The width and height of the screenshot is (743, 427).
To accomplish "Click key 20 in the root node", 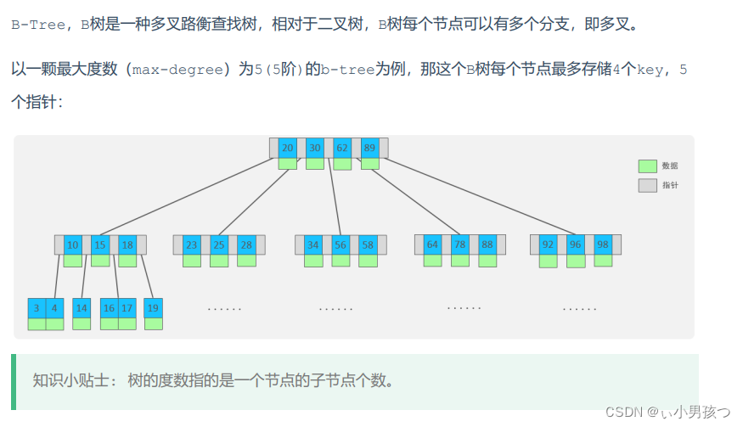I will (287, 147).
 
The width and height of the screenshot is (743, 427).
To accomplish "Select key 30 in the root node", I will (314, 147).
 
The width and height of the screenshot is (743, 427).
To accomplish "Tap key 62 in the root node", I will (342, 147).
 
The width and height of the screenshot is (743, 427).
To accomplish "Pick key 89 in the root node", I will (369, 147).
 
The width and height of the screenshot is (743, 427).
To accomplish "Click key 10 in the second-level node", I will (73, 244).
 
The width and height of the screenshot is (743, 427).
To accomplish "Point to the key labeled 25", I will (219, 244).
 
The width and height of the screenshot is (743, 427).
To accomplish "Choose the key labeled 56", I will (340, 244).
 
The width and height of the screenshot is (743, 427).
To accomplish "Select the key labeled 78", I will (460, 244).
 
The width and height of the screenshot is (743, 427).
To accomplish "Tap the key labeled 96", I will (576, 244).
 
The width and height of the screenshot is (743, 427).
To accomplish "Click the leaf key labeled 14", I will (82, 308).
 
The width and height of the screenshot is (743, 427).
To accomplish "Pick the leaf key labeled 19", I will (154, 308).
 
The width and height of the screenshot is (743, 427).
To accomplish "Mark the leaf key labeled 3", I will (37, 308).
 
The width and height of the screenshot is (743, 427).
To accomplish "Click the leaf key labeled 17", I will (127, 308).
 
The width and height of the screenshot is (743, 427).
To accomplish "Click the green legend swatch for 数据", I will (648, 166).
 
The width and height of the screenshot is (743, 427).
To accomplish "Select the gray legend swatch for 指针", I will (648, 185).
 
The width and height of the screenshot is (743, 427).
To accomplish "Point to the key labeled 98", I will (602, 244).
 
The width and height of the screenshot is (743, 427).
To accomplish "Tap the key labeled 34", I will (313, 244).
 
